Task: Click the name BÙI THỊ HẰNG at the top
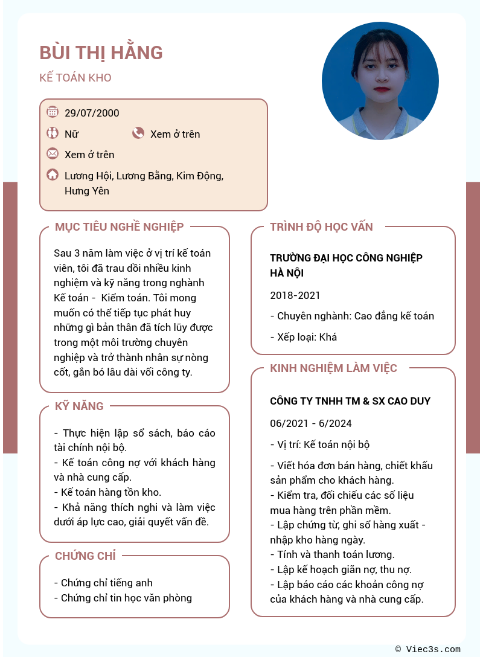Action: point(101,53)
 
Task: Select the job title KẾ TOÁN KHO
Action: point(75,78)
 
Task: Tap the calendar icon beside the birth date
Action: point(53,112)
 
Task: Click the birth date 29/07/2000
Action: point(92,113)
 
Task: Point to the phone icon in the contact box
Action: point(138,133)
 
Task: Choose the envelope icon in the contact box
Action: point(53,154)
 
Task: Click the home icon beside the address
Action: point(53,175)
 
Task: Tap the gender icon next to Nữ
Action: point(53,133)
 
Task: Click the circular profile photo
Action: point(380,81)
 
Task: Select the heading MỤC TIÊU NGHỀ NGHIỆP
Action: point(119,227)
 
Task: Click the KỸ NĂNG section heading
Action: point(79,406)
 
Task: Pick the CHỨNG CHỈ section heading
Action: point(85,556)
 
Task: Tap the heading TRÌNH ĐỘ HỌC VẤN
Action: point(321,227)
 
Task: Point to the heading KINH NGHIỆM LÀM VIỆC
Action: point(333,368)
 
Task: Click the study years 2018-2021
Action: point(295,295)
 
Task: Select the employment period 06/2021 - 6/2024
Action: point(311,423)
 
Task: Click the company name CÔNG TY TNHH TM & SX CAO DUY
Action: point(350,401)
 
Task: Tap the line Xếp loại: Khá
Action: point(304,337)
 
